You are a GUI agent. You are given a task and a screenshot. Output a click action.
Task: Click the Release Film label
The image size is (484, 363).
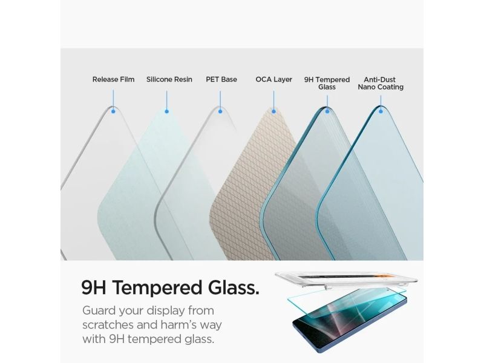[113, 80]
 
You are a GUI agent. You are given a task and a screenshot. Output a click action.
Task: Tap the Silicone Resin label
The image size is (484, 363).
[169, 80]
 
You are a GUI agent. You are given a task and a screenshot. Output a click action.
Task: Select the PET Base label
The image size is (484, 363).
[221, 80]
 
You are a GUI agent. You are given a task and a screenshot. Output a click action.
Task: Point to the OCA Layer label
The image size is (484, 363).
[274, 80]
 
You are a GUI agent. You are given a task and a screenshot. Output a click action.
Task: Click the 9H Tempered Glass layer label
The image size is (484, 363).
[327, 83]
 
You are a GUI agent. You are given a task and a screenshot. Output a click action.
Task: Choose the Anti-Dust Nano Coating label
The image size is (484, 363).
[381, 83]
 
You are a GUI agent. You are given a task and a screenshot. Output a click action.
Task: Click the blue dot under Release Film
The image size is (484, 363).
[113, 111]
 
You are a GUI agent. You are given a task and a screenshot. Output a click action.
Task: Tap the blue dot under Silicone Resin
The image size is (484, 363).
[167, 111]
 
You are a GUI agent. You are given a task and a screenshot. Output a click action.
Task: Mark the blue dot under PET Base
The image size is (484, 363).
[220, 111]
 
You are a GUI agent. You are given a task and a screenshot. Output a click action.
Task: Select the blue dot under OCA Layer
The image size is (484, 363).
[273, 111]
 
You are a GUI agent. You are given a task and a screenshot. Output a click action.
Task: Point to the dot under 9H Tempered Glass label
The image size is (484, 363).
[327, 111]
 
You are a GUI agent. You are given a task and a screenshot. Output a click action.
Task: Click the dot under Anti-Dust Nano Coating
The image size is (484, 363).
[381, 111]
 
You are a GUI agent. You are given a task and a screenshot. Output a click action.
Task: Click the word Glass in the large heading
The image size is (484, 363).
[234, 288]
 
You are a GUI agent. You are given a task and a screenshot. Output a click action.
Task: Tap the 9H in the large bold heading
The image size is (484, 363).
[94, 288]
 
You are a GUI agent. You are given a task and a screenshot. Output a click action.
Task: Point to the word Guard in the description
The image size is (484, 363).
[99, 310]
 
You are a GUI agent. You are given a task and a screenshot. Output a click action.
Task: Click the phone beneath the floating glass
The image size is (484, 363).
[350, 321]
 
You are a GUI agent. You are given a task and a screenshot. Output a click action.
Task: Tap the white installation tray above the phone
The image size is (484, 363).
[346, 279]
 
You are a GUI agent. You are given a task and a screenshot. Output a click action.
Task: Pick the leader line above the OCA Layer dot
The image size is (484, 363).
[273, 100]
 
